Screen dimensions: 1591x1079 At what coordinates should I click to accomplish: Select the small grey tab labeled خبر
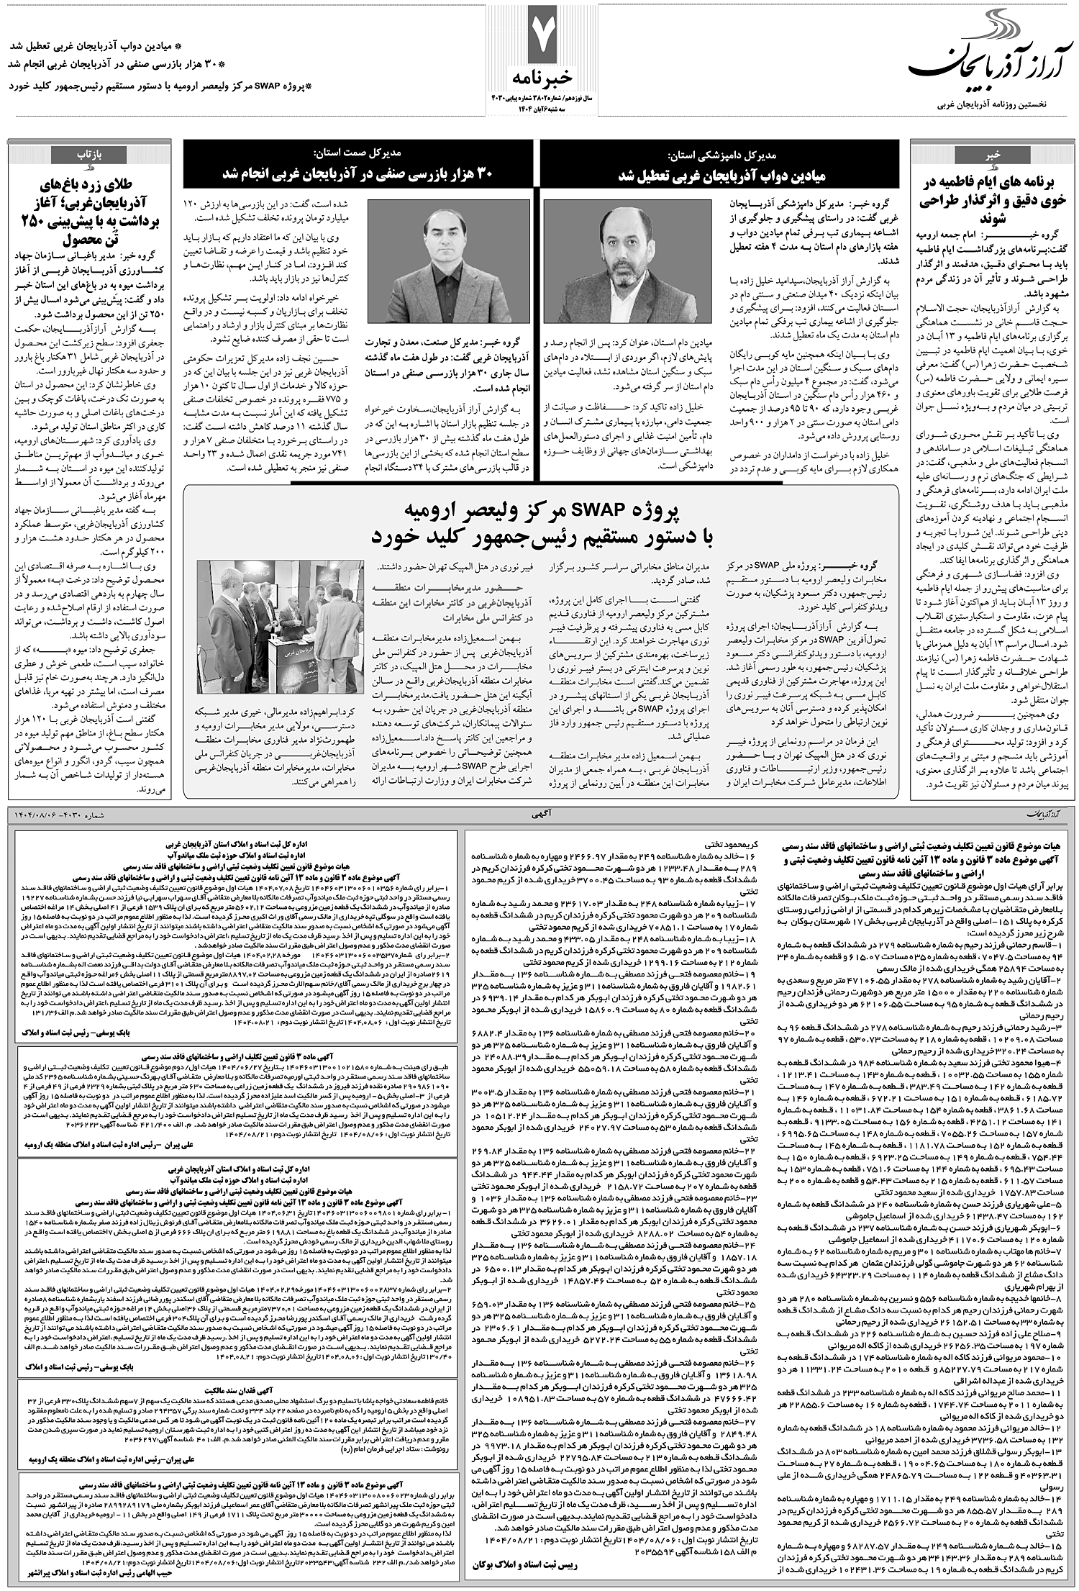(x=993, y=154)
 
